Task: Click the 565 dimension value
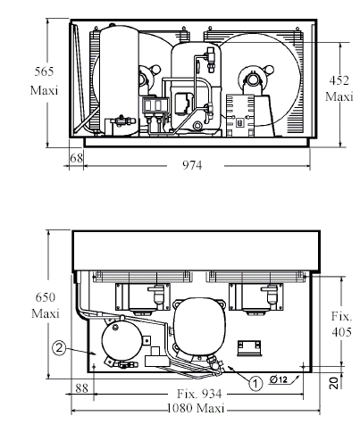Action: (44, 71)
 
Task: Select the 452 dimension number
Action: (339, 80)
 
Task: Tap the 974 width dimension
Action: (192, 165)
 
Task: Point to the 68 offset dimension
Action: (77, 158)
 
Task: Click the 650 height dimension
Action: (46, 297)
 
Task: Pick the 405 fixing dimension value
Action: (341, 332)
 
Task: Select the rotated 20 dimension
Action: (335, 383)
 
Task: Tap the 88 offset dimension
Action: (81, 388)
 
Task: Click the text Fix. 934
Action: (199, 394)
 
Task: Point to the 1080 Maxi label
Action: (196, 408)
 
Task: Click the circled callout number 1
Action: (255, 383)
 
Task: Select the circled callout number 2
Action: (59, 347)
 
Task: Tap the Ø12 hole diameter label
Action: (279, 379)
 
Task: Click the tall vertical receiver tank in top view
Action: (119, 80)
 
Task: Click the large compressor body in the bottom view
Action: (199, 328)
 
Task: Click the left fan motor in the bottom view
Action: (143, 297)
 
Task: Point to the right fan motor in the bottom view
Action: (256, 297)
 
